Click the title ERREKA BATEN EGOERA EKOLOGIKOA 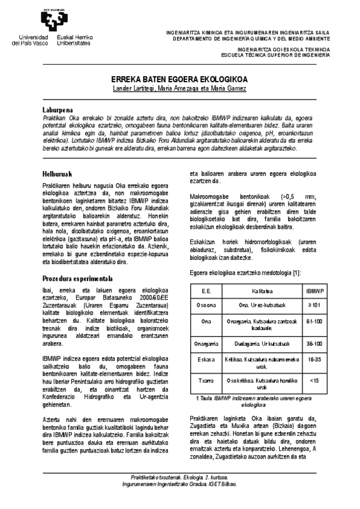click(x=179, y=80)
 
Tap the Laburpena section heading click(x=58, y=110)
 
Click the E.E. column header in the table click(x=206, y=290)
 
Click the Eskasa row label click(x=206, y=360)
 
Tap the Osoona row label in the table click(x=206, y=304)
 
